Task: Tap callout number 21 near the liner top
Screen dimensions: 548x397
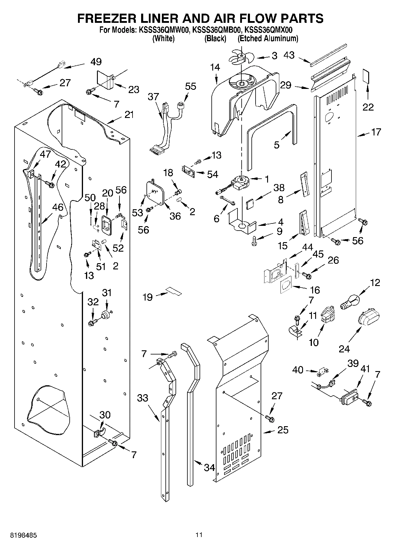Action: pyautogui.click(x=129, y=114)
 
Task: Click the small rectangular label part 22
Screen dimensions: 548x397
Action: pyautogui.click(x=367, y=76)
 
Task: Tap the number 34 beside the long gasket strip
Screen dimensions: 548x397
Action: pyautogui.click(x=210, y=468)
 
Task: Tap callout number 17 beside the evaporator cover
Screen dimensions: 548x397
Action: pyautogui.click(x=376, y=132)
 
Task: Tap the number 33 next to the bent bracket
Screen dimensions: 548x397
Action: pyautogui.click(x=143, y=397)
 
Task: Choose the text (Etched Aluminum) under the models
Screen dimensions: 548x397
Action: pyautogui.click(x=268, y=39)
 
